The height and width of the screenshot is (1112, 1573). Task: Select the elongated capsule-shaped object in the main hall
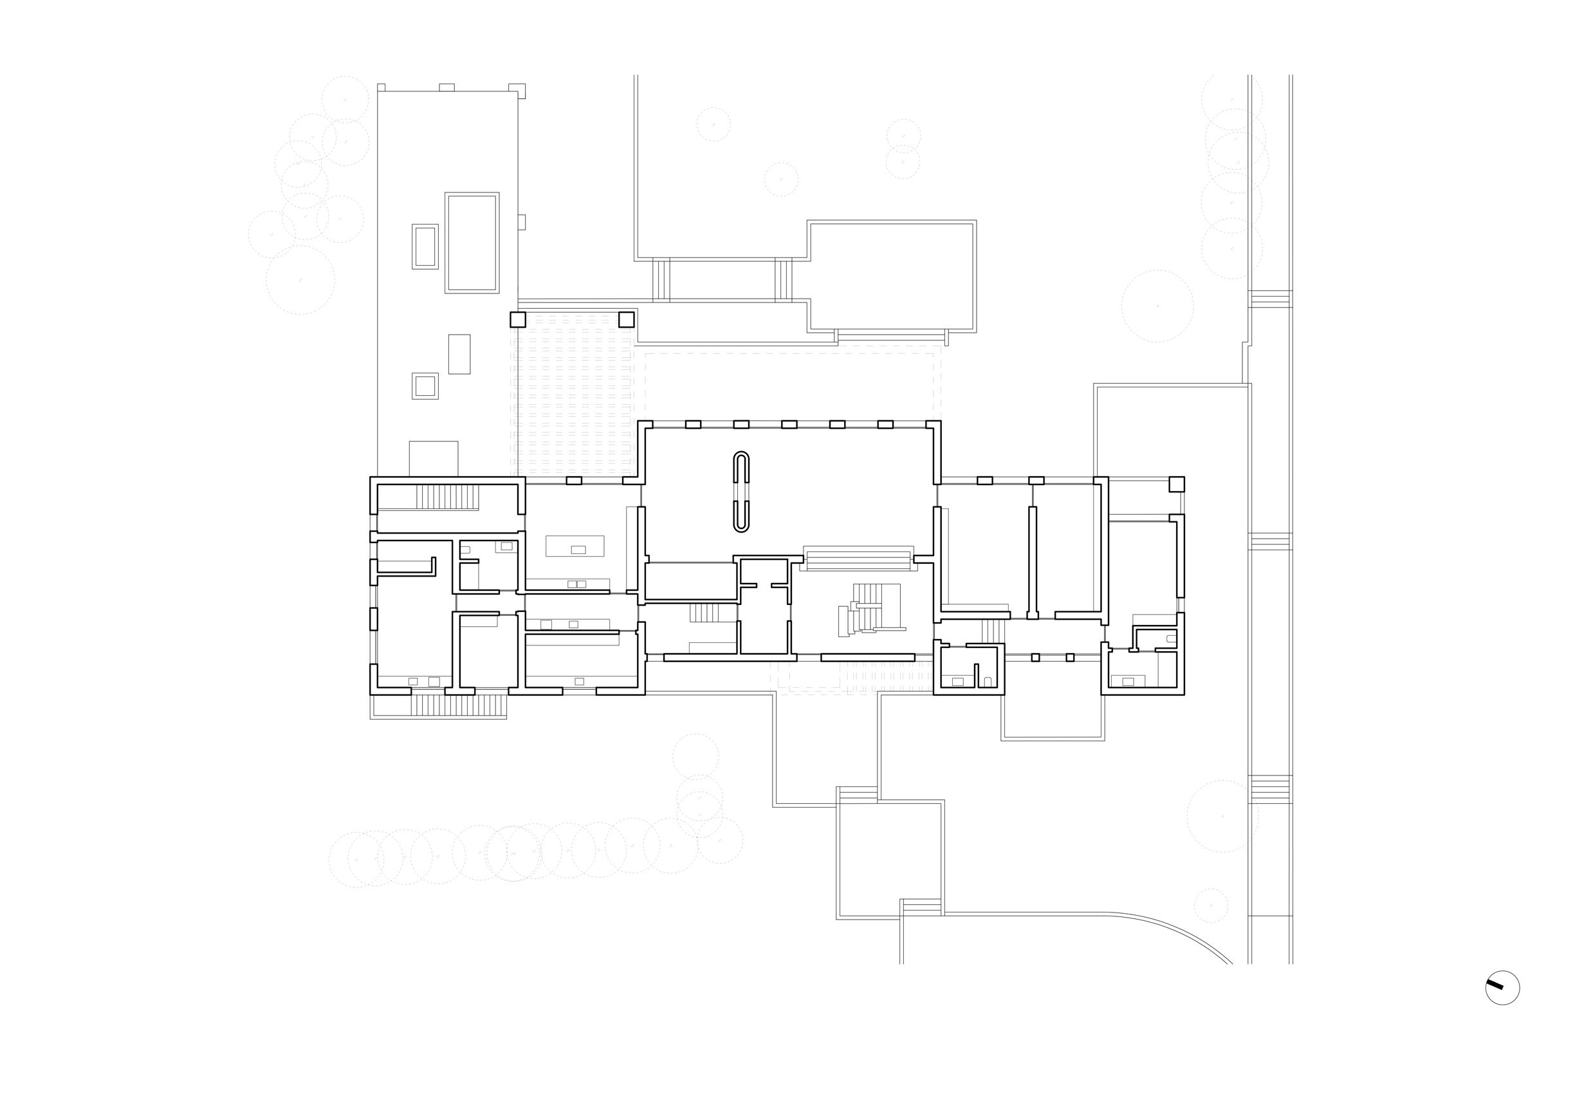coord(741,492)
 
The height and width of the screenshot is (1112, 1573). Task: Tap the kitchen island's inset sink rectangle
coord(578,550)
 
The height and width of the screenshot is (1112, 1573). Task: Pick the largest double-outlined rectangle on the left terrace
coord(472,243)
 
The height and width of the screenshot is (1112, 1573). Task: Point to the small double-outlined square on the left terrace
coord(425,385)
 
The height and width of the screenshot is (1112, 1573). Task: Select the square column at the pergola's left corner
coord(518,319)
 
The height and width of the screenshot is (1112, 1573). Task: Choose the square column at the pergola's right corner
coord(626,319)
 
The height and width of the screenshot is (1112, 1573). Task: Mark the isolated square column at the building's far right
coord(1176,484)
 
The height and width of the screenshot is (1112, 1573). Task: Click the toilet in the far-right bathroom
coord(1172,638)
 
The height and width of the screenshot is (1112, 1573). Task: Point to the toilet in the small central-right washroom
coord(988,681)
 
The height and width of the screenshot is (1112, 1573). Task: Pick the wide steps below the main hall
coord(858,561)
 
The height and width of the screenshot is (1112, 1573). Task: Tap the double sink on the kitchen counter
coord(577,584)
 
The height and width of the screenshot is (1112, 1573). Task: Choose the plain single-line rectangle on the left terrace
coord(459,353)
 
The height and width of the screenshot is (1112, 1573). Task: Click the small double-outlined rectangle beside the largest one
coord(425,246)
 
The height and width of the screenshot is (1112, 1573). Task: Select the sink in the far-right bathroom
coord(1128,681)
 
